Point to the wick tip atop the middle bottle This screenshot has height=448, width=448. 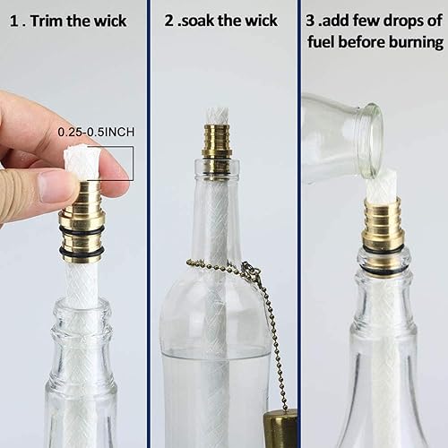click(x=216, y=116)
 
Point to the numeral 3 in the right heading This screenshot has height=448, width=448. click(x=309, y=21)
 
